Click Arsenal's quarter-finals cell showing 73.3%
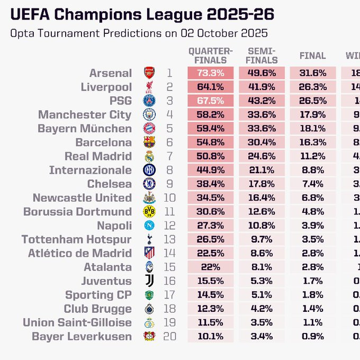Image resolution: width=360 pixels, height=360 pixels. click(211, 73)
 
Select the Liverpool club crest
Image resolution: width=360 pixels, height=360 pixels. click(149, 87)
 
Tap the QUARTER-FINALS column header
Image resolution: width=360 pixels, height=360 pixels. click(211, 55)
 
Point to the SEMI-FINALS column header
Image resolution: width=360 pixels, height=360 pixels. click(261, 55)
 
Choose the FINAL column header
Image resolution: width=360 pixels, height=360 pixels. click(312, 56)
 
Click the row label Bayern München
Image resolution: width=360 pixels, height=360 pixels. click(85, 129)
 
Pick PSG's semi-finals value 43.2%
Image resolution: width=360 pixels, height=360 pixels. click(261, 101)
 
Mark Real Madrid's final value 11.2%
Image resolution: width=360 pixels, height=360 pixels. click(312, 156)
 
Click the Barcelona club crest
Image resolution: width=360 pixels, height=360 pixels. click(149, 142)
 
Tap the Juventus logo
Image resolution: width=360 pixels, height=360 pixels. click(149, 281)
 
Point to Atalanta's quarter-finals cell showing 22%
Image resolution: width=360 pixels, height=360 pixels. click(211, 267)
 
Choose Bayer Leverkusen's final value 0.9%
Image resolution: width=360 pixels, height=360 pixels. click(312, 336)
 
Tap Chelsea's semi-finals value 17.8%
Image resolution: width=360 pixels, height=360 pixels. click(261, 184)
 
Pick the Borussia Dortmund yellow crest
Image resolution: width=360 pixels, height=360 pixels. click(149, 212)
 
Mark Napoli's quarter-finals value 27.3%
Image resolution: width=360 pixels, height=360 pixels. click(211, 226)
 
